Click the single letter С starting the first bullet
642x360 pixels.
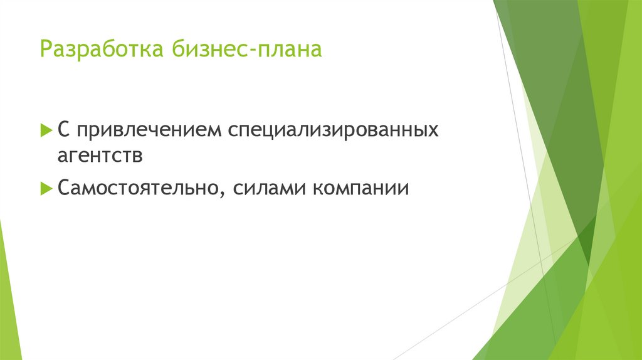click(63, 130)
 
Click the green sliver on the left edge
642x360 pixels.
click(9, 295)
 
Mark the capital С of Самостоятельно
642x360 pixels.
click(64, 187)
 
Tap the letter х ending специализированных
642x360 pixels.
click(433, 132)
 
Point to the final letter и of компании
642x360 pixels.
click(403, 188)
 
